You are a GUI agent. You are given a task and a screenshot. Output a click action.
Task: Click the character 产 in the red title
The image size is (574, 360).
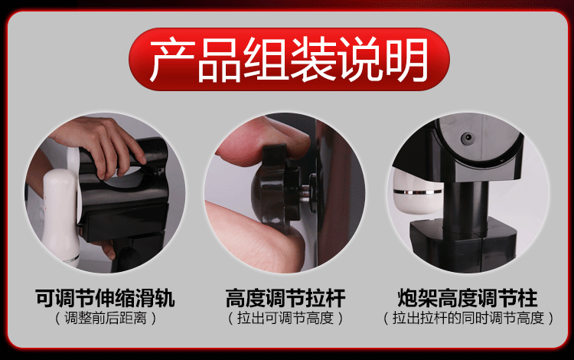coord(171,59)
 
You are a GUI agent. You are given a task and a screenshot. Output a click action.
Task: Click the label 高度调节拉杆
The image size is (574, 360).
coord(285,297)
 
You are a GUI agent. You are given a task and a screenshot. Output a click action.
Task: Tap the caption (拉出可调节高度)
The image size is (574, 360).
coord(285,317)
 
